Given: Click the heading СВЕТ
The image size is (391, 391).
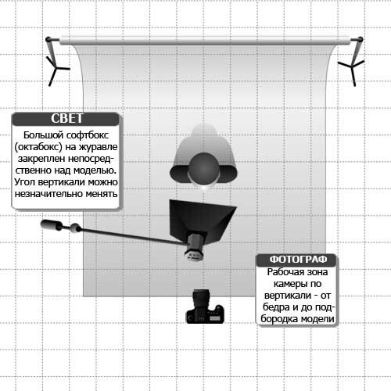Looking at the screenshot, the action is pos(67,119).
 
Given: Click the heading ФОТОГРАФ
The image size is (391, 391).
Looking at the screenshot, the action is pos(298,260).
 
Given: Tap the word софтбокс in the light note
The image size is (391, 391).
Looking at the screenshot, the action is pos(87,135).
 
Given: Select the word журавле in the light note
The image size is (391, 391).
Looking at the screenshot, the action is pos(98,147).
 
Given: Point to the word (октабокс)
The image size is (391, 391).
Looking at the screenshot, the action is pos(38,147).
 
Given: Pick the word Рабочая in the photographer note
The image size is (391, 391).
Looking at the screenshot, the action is pos(284,272).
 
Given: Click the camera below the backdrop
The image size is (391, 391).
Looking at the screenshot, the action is pos(205,307).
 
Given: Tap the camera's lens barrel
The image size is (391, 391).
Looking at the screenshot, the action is pos(201,299).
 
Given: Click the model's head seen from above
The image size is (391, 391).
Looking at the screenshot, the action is pos(203,168).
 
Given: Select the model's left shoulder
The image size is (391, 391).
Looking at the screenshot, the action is pos(228,174).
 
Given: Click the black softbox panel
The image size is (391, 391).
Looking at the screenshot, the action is pos(201,219).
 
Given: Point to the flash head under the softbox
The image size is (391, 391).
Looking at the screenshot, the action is pos(195,247).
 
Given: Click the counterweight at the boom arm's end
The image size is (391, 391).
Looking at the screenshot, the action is pos(52,225).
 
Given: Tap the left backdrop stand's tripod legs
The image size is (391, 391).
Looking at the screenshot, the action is pos(57,70).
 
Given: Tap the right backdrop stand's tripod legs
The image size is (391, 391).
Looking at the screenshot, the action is pos(352,70).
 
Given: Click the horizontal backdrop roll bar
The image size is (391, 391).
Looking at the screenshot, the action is pos(205,41).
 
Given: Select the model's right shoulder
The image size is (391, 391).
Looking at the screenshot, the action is pos(179,174).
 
